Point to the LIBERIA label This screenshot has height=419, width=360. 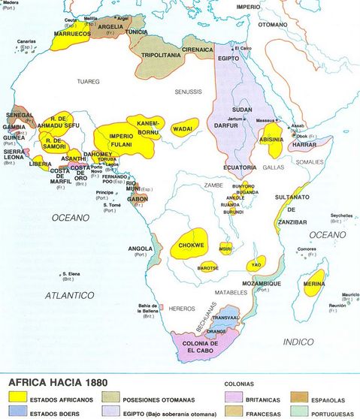tap(41, 163)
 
